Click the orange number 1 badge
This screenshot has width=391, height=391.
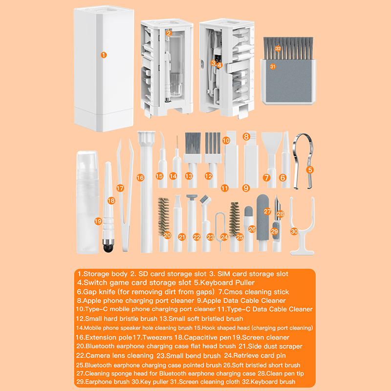[x=104, y=55]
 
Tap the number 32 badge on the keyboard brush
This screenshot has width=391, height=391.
[x=278, y=48]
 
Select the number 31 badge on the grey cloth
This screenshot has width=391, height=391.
[x=273, y=66]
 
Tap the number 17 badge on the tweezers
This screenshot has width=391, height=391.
[x=120, y=188]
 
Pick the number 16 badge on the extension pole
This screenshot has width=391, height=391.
[x=140, y=177]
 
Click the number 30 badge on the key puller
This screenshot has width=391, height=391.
[x=294, y=231]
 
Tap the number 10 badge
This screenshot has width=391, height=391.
[x=226, y=140]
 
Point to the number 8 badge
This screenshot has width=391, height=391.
[x=246, y=136]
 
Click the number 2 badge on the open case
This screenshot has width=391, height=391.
[x=169, y=33]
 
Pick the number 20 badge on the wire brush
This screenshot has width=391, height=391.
[x=167, y=235]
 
